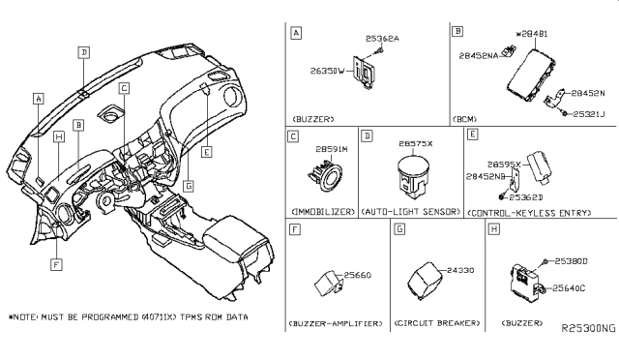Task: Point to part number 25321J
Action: [x=590, y=113]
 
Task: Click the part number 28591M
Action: [x=332, y=150]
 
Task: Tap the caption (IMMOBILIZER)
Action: [x=322, y=211]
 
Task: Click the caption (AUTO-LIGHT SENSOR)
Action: [x=409, y=211]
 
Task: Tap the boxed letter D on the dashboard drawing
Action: [x=84, y=52]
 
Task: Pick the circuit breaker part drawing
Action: [x=430, y=277]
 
